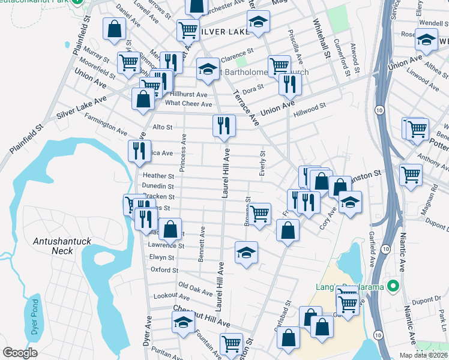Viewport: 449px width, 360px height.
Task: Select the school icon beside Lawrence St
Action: (246, 253)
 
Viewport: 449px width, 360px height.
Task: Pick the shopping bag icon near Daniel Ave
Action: (113, 28)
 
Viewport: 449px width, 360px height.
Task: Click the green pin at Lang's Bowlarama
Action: (394, 286)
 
